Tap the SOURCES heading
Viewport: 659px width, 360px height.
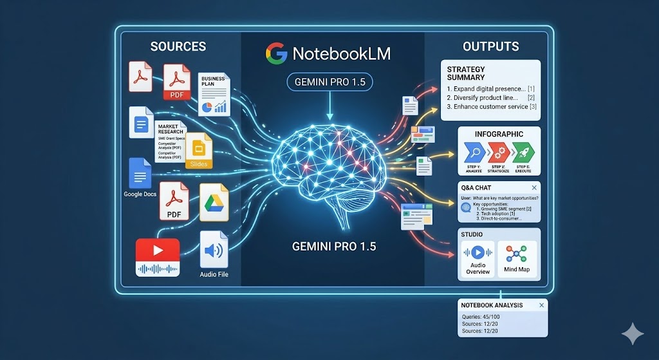pos(178,46)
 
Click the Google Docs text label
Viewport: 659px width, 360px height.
pos(141,194)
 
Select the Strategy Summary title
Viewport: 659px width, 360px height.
pos(466,73)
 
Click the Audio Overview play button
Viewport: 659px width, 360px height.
pos(478,252)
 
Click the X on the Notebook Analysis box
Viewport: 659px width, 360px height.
pos(541,305)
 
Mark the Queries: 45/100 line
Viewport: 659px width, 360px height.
pos(481,317)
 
